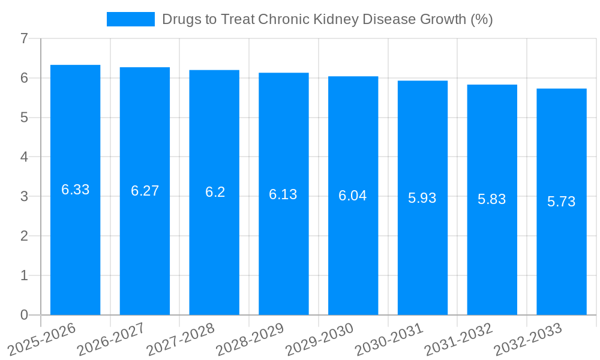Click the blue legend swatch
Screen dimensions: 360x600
pos(130,19)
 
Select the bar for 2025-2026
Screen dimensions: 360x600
pos(75,252)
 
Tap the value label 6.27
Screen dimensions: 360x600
pos(145,191)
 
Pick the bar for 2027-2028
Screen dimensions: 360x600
pos(214,252)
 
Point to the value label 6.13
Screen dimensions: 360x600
pos(283,194)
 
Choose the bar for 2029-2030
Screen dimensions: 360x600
pos(353,252)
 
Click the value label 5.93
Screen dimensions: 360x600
pos(422,198)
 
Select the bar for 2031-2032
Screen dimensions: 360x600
pos(492,252)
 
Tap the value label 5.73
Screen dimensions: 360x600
pos(561,202)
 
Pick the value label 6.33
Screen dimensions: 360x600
pos(75,190)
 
